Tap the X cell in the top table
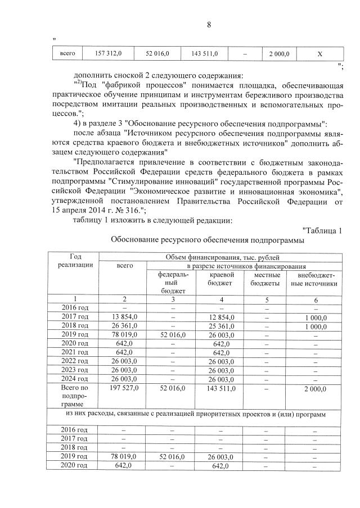click(319, 54)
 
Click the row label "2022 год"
click(75, 361)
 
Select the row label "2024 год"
click(75, 379)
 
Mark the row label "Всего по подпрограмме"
click(75, 396)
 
